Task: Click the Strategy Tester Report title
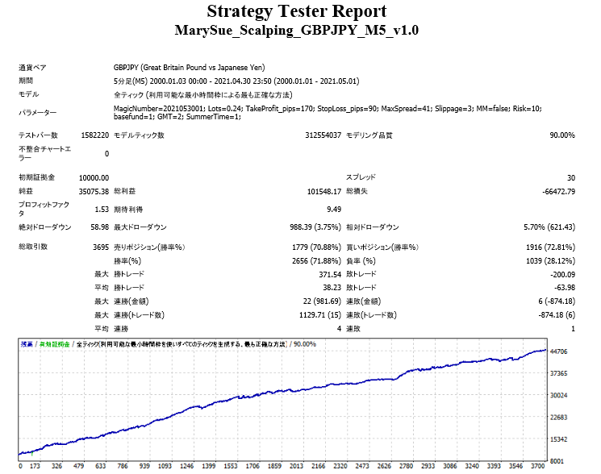point(296,11)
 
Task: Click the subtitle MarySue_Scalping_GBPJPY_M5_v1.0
point(296,31)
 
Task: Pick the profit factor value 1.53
point(100,209)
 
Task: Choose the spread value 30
point(570,177)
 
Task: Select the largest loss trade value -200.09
point(557,275)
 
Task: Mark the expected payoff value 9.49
point(332,209)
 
